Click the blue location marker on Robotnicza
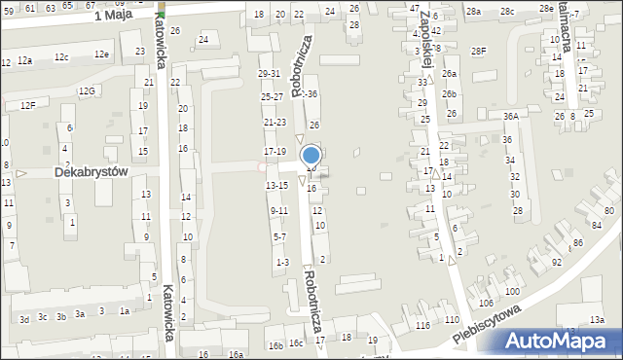click(311, 156)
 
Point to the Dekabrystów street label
click(92, 170)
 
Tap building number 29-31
click(270, 74)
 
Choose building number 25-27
click(272, 97)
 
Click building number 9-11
click(278, 210)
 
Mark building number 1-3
click(282, 262)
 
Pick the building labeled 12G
click(88, 90)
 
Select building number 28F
click(478, 51)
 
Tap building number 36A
click(510, 117)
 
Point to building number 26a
click(449, 74)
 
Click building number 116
click(422, 324)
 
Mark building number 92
click(557, 262)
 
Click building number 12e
click(101, 54)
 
